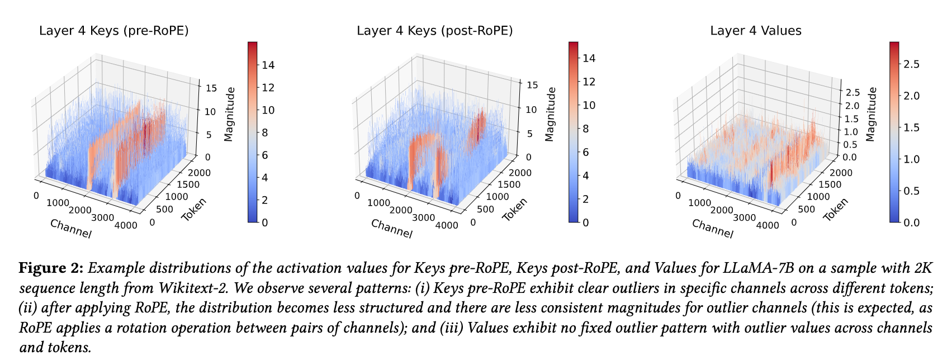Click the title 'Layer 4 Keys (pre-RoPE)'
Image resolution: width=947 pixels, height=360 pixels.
point(113,31)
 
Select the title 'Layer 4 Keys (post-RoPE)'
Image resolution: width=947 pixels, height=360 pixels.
point(434,31)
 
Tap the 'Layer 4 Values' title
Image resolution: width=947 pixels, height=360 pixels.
point(755,31)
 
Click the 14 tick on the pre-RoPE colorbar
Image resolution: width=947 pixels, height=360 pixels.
point(268,65)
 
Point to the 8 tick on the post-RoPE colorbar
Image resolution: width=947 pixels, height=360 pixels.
point(584,129)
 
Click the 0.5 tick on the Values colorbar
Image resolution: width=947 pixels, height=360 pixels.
point(911,191)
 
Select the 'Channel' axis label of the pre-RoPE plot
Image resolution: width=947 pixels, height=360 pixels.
point(70,229)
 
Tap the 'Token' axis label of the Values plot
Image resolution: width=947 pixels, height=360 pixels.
point(835,210)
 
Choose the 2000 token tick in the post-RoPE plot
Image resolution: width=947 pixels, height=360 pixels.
point(520,173)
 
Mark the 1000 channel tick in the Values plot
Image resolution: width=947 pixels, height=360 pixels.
point(699,203)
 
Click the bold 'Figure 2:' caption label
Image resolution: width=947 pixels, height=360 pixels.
point(51,268)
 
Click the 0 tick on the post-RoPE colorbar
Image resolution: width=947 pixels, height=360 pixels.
point(584,222)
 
